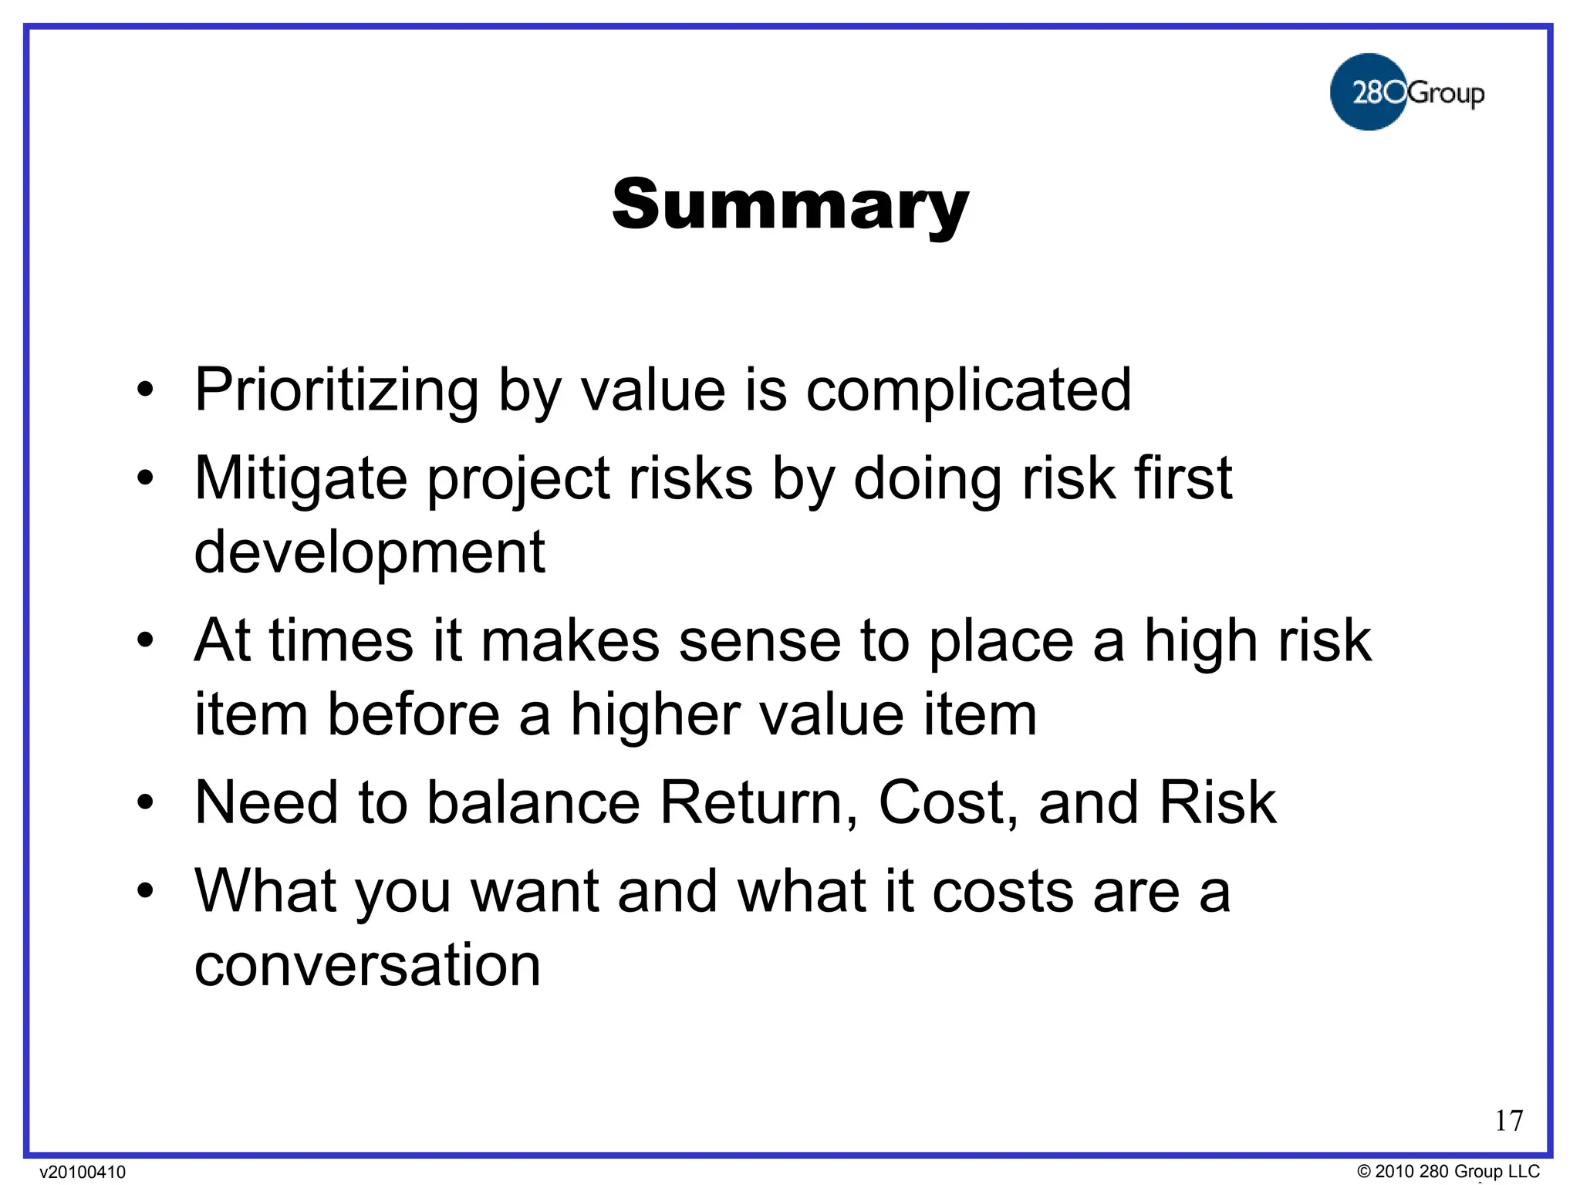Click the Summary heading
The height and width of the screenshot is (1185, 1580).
(x=790, y=204)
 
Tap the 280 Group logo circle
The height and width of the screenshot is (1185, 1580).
(x=1368, y=92)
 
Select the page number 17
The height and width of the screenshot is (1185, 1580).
(x=1508, y=1120)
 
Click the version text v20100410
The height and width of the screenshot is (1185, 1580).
(x=83, y=1172)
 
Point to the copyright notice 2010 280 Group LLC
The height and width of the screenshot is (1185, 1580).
(x=1448, y=1171)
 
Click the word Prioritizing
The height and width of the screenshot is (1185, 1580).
(x=336, y=390)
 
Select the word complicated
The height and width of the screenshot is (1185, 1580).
(x=968, y=390)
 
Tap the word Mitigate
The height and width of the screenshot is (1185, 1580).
(x=301, y=479)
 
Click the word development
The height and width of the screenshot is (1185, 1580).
(x=369, y=552)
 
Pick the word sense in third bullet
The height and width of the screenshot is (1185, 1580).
(x=759, y=640)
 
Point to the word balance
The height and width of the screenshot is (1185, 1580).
(x=534, y=802)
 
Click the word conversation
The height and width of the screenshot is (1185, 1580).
(x=367, y=965)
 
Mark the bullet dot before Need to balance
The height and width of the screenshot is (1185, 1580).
(x=145, y=802)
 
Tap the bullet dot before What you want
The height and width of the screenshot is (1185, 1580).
(x=145, y=891)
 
